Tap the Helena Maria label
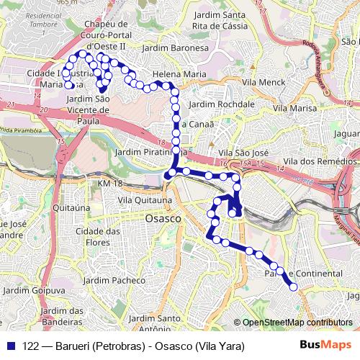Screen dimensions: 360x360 point(179,73)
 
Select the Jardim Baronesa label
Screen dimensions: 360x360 point(176,48)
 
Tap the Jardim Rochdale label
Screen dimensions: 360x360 point(221,104)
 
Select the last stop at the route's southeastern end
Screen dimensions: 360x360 point(294,287)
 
